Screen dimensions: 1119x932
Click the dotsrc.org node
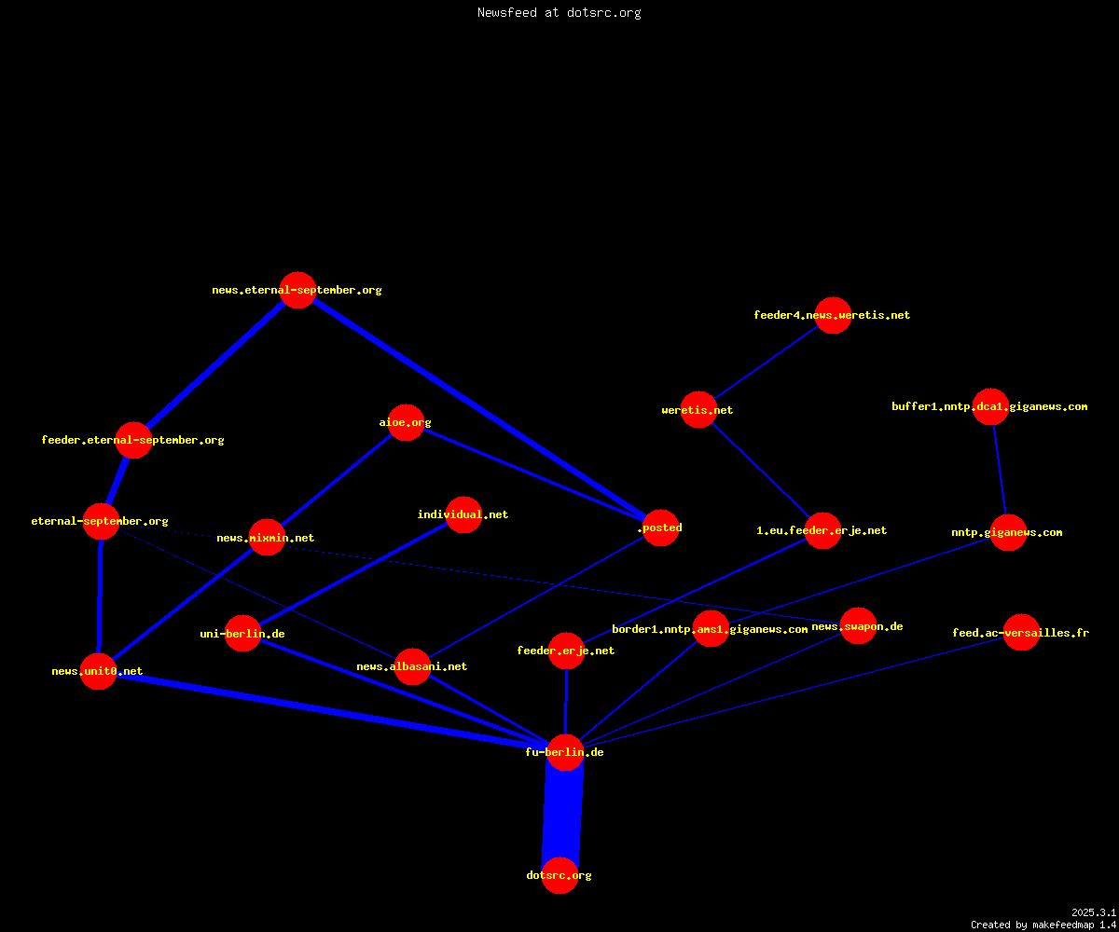559,875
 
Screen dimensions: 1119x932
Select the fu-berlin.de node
565,752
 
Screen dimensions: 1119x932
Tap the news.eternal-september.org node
298,290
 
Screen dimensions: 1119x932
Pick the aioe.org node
406,422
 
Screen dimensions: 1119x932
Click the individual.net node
463,514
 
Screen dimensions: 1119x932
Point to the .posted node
661,528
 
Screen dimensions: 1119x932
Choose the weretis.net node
698,410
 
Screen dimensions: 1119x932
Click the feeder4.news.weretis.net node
833,316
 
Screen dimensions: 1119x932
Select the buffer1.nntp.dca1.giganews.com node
991,406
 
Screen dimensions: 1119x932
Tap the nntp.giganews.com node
1008,532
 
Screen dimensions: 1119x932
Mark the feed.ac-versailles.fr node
1021,633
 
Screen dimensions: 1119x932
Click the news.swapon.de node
858,626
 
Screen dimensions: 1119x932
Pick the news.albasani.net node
412,667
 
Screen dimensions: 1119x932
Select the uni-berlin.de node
242,633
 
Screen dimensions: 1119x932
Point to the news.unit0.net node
98,671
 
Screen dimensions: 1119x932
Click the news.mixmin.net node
267,537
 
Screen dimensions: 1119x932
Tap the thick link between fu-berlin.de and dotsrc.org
562,814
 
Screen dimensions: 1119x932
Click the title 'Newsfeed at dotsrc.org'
559,12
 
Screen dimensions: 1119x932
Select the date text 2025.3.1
1094,912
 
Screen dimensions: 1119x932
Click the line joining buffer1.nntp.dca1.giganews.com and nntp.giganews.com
1000,470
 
